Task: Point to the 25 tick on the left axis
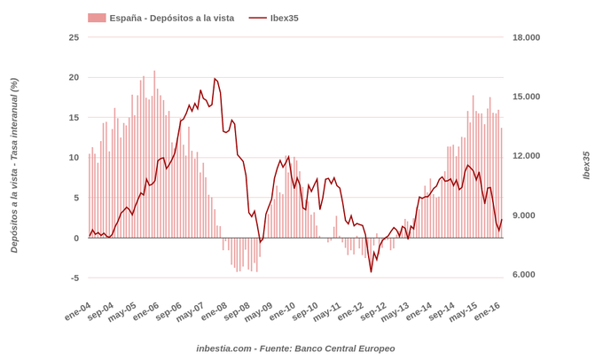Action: (74, 37)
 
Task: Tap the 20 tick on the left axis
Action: (74, 77)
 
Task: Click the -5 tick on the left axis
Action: (74, 278)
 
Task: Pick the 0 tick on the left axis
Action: (76, 238)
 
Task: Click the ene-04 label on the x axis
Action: (78, 311)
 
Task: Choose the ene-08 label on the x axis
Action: (214, 311)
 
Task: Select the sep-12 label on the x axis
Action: (372, 312)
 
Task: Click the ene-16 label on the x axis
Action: (487, 311)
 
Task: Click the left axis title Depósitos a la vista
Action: (14, 165)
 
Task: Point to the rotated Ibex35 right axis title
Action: (586, 165)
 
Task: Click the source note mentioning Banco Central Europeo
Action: (295, 348)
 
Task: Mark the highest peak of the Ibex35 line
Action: (215, 79)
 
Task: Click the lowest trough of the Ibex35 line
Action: (372, 271)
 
